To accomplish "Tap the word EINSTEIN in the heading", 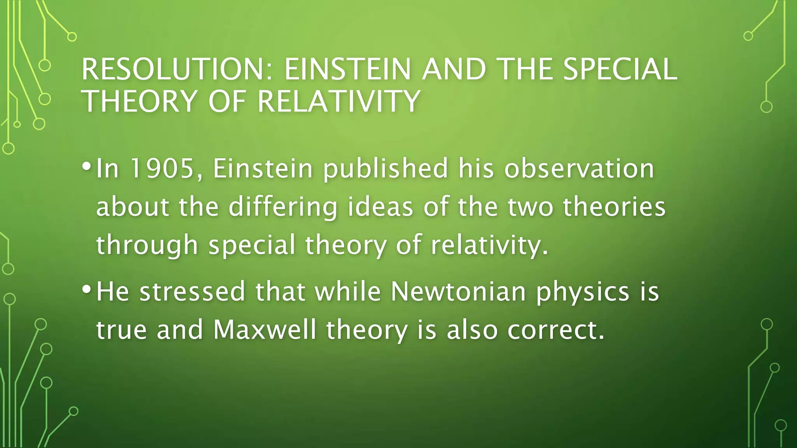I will [x=348, y=69].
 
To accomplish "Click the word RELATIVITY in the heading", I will [x=339, y=101].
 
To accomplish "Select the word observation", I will [x=579, y=168].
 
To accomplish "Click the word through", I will [x=147, y=245].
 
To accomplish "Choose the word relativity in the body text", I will [x=489, y=245].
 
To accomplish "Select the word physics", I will [x=583, y=291].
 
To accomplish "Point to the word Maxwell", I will [x=265, y=329].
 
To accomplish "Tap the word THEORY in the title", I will [x=140, y=101].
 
